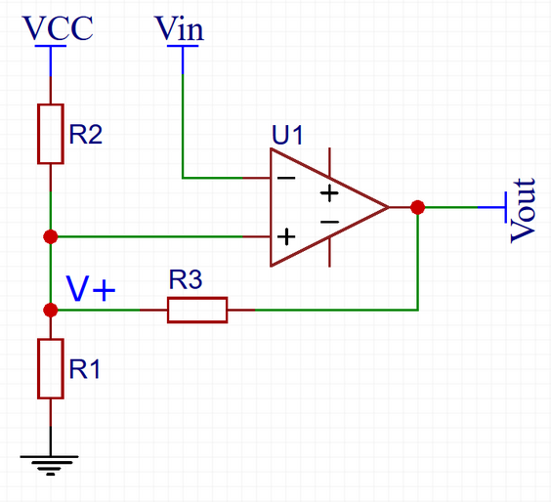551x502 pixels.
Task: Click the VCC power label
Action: coord(58,27)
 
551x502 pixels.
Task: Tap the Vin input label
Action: coord(180,28)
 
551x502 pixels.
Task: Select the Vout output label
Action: coord(523,211)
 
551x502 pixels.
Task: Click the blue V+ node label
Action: coord(91,289)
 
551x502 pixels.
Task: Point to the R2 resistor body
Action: coord(51,134)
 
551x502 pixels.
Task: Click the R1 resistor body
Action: coord(51,369)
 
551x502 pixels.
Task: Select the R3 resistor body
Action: coord(197,310)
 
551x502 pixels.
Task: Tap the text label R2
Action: coord(86,134)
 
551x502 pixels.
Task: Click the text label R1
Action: coord(85,369)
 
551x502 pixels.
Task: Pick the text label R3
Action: coord(186,279)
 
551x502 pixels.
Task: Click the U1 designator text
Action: coord(287,135)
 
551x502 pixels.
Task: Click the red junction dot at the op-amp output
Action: coord(417,207)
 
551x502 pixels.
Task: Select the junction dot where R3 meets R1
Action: coord(51,310)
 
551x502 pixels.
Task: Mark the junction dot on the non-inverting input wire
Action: coord(51,236)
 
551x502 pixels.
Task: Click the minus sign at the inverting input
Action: coord(286,178)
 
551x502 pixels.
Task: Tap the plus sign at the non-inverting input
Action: coord(286,236)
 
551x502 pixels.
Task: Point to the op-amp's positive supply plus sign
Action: coord(329,192)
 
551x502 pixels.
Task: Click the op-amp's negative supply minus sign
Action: coord(329,222)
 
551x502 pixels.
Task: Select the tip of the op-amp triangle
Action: coord(389,207)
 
